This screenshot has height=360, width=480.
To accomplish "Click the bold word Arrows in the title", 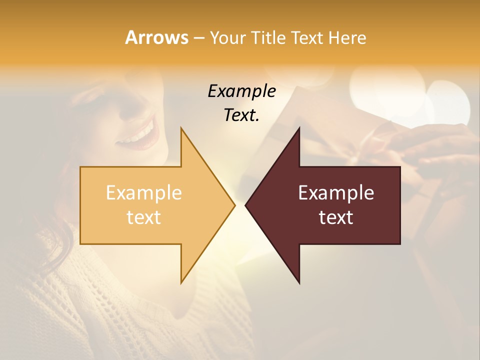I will (156, 37).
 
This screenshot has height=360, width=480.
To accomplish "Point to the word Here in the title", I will (348, 38).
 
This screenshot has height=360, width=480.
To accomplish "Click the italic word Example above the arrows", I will (241, 91).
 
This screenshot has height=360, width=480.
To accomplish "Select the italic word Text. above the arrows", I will (241, 115).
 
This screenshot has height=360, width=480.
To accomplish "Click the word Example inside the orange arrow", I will (143, 193).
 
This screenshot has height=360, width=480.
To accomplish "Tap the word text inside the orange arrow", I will (143, 217).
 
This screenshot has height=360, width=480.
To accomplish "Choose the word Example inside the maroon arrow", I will (336, 193).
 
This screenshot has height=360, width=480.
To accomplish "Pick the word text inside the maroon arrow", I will (336, 217).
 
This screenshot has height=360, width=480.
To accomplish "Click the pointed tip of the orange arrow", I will (234, 205).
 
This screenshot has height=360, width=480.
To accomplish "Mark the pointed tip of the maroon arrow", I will (246, 205).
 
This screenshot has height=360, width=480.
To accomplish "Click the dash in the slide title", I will (198, 38).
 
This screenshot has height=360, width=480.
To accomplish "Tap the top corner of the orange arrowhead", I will (181, 128).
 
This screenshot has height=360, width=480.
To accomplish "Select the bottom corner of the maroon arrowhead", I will (299, 283).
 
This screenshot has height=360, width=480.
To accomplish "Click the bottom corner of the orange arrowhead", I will (181, 282).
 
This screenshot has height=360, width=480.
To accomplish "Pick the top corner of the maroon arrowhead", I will (299, 128).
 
